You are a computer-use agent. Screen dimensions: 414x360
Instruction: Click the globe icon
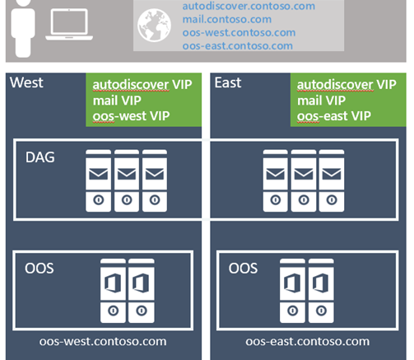154,26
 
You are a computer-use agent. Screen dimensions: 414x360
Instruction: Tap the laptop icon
69,25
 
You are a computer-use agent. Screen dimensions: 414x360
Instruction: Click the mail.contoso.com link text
227,20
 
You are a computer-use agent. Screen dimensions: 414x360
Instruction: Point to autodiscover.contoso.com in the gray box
249,6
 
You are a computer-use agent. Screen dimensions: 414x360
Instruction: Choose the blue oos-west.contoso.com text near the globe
239,33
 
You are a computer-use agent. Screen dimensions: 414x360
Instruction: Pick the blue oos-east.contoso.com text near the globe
238,46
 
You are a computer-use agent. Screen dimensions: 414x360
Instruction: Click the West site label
26,82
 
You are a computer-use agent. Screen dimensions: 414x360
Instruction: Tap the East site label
228,82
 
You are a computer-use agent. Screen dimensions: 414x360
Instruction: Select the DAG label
40,157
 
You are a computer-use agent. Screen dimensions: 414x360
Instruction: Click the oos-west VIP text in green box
131,116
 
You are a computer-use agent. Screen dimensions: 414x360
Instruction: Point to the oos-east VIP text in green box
334,116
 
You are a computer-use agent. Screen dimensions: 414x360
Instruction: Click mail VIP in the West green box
117,101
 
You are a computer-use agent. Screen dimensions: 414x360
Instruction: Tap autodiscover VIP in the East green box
347,85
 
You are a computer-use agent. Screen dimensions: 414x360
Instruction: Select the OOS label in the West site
40,269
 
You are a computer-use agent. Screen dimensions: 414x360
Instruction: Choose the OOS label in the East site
243,269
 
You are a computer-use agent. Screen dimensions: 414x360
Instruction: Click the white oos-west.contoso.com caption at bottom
103,342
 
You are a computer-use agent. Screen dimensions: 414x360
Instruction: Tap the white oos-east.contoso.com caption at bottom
308,342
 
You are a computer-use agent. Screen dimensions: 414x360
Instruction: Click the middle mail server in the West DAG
127,180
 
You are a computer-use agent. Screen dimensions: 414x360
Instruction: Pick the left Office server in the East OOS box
292,291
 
